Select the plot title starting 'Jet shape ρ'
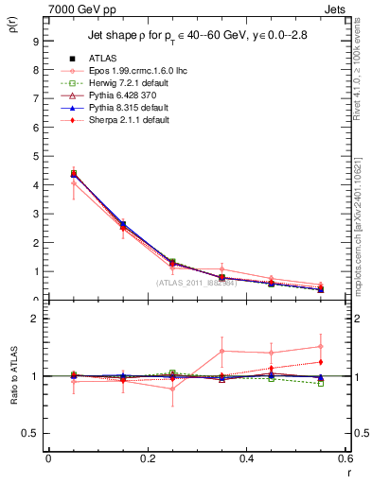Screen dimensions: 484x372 pos(194,38)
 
